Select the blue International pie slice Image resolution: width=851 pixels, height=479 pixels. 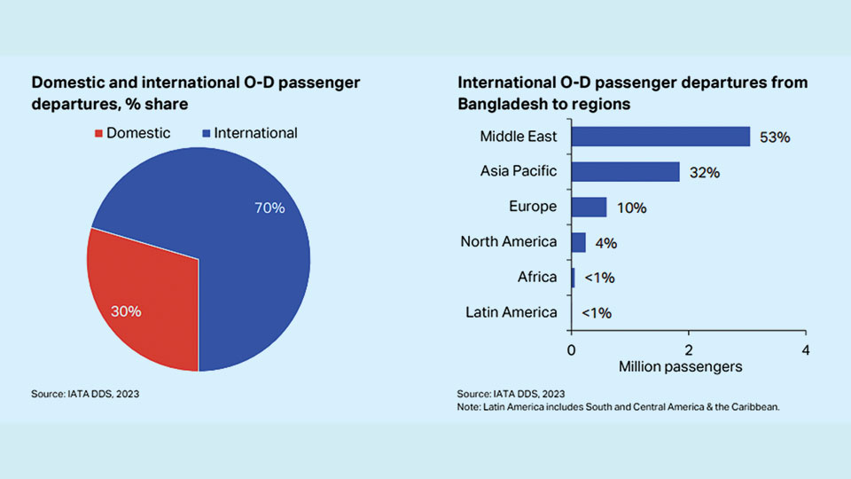tap(239, 231)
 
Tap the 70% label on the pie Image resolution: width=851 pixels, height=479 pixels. tap(269, 208)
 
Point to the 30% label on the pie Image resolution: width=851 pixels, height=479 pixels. tap(126, 311)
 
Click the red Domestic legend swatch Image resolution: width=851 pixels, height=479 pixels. tap(98, 134)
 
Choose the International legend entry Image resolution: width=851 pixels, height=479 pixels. tap(250, 133)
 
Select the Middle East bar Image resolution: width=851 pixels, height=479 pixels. tap(660, 136)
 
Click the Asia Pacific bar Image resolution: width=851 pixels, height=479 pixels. tap(625, 171)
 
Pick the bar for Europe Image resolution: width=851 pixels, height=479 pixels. tap(589, 207)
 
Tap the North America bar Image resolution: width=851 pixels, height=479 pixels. tap(578, 242)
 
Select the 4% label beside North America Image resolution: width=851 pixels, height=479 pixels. tap(606, 243)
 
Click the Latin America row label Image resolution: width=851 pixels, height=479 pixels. tap(511, 312)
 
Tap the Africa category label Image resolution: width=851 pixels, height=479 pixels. tap(537, 277)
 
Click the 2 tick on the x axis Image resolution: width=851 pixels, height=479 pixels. tap(689, 349)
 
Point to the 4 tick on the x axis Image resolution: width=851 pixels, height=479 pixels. tap(805, 349)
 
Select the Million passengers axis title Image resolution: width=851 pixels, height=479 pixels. tap(681, 365)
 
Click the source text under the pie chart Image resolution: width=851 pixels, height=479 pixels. tap(85, 393)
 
